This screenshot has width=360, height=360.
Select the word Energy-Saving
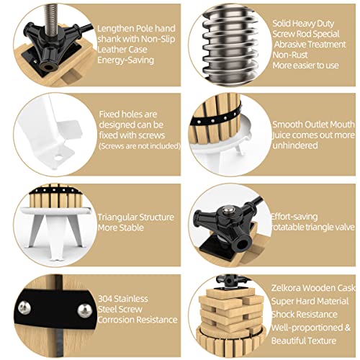pyautogui.click(x=125, y=60)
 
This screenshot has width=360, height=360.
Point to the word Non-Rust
pyautogui.click(x=290, y=55)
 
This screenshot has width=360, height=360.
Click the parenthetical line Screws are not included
pyautogui.click(x=140, y=146)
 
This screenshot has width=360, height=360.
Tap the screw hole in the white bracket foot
pyautogui.click(x=58, y=158)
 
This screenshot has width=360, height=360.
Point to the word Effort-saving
pyautogui.click(x=294, y=217)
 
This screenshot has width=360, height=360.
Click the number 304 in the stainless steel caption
pyautogui.click(x=105, y=299)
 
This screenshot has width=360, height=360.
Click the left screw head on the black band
pyautogui.click(x=24, y=308)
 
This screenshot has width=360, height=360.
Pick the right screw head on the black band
pyautogui.click(x=85, y=310)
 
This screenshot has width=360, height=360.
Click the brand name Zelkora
pyautogui.click(x=284, y=288)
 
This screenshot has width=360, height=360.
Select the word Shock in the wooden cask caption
pyautogui.click(x=282, y=315)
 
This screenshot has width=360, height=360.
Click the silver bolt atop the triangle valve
pyautogui.click(x=228, y=211)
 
